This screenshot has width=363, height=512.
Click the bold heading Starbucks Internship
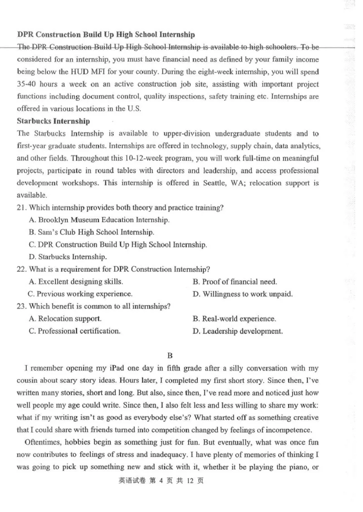pyautogui.click(x=53, y=121)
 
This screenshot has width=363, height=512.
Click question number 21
pyautogui.click(x=21, y=208)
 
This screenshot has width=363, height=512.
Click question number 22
pyautogui.click(x=21, y=269)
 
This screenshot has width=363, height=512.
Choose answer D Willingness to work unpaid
pyautogui.click(x=242, y=294)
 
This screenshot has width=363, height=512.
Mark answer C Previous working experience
pyautogui.click(x=80, y=294)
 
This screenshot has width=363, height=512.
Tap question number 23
pyautogui.click(x=21, y=306)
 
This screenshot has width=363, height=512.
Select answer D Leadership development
pyautogui.click(x=237, y=331)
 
